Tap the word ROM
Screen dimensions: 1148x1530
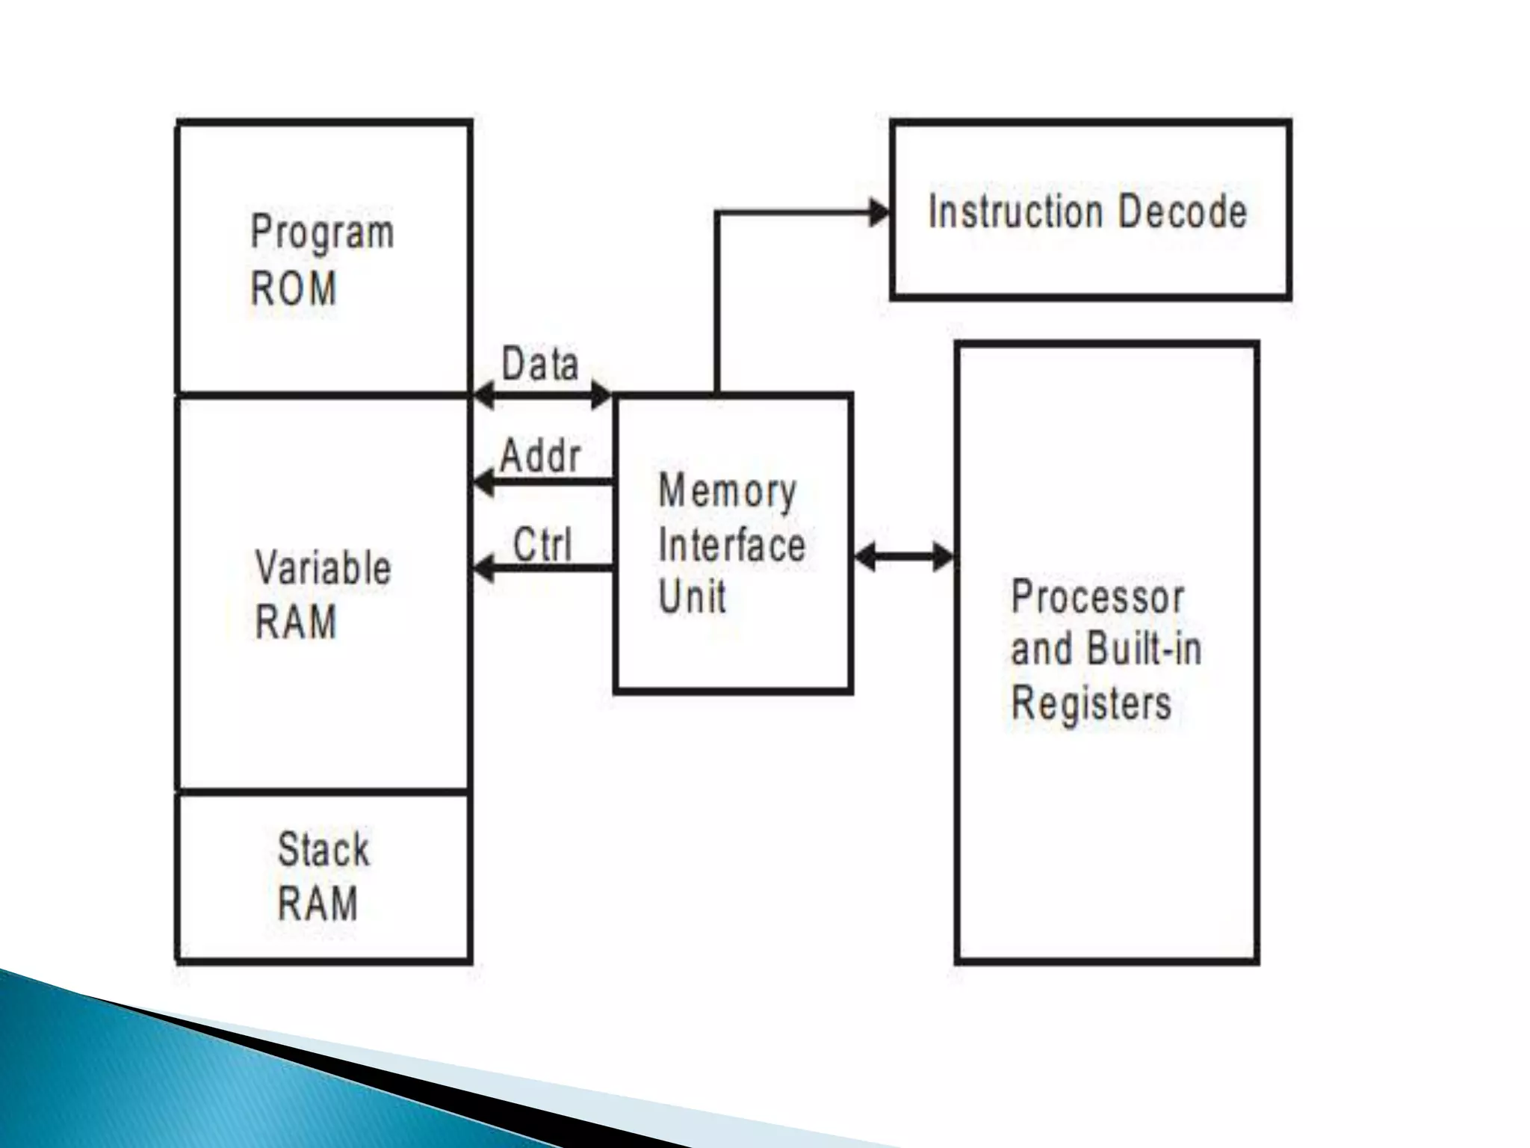(x=294, y=288)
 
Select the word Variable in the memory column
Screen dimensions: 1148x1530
(x=323, y=568)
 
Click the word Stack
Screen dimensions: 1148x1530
(x=323, y=850)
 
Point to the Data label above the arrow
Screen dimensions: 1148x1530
(x=540, y=365)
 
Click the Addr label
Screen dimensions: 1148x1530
(x=540, y=456)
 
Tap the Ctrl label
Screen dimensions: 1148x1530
(x=542, y=545)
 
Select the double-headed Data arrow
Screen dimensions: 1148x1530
(x=543, y=395)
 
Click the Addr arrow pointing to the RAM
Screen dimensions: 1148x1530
(x=543, y=483)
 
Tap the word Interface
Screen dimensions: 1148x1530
(x=732, y=546)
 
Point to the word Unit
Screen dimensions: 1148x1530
(x=692, y=598)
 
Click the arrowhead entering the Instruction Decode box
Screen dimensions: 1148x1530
(x=879, y=213)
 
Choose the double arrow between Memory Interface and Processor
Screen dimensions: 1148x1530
(x=904, y=557)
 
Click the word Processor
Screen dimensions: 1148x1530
(x=1097, y=598)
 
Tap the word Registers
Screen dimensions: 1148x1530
(x=1091, y=704)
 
